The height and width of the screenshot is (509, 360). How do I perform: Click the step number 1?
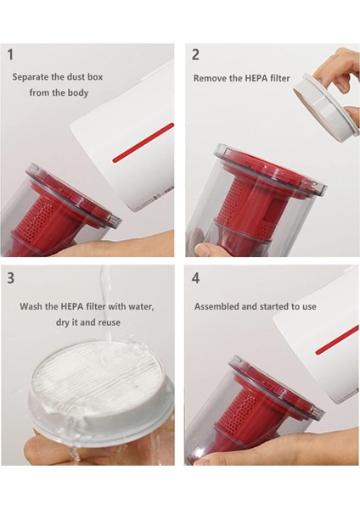tap(11, 54)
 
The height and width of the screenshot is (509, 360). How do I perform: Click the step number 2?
tap(195, 54)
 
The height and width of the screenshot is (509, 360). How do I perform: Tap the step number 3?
tap(11, 278)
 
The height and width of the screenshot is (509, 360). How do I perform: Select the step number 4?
tap(195, 278)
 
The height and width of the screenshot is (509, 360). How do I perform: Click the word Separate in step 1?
tap(29, 77)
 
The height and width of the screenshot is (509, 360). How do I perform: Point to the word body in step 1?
tap(78, 92)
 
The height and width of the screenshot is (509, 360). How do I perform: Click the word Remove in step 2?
tap(208, 78)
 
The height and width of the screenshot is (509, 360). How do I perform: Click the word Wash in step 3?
tap(31, 306)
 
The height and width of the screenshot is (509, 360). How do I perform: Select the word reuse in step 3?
tap(110, 322)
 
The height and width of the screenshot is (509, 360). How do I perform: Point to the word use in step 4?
tap(309, 307)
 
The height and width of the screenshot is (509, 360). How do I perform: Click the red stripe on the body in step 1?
tap(143, 143)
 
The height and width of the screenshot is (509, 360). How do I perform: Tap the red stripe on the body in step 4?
tap(337, 340)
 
